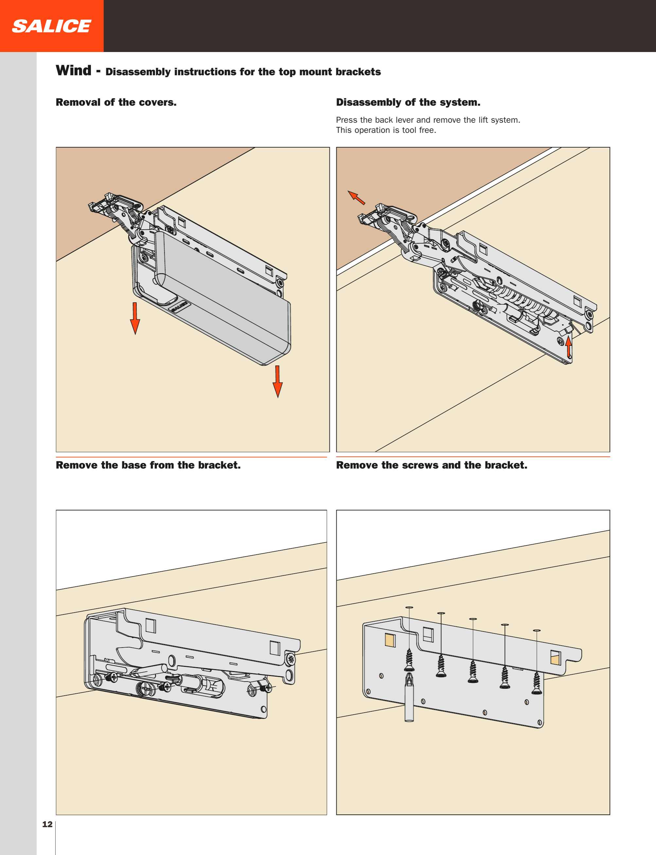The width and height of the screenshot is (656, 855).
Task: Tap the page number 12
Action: tap(47, 824)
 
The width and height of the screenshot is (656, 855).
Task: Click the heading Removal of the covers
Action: tap(116, 102)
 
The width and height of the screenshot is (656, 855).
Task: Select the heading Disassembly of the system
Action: tap(408, 102)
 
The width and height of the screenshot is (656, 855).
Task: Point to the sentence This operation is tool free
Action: tap(386, 130)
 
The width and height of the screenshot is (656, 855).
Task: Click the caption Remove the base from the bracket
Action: tap(148, 465)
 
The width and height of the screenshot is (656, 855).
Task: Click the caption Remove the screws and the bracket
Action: tap(432, 465)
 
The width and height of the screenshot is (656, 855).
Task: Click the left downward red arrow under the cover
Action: tap(135, 318)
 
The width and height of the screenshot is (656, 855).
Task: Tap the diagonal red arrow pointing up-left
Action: tap(356, 198)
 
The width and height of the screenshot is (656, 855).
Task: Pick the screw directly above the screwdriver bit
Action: tap(409, 660)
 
